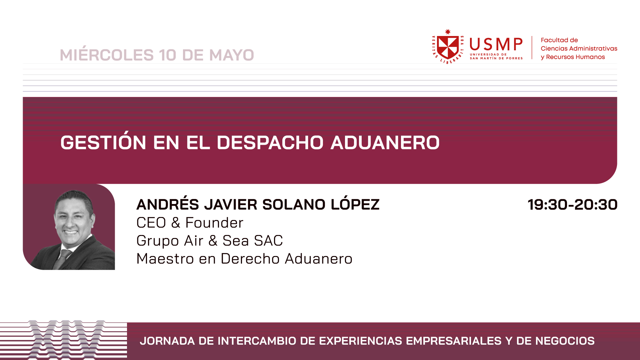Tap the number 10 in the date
tap(167, 55)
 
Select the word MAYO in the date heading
tap(232, 55)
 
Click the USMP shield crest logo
tap(448, 46)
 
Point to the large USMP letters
tap(496, 44)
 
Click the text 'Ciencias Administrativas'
tap(579, 49)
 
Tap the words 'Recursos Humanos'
tap(575, 57)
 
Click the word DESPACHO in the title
tap(270, 143)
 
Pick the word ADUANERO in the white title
tap(385, 143)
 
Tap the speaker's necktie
tap(62, 259)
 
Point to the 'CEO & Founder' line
tap(190, 223)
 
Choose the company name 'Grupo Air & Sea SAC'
tap(210, 241)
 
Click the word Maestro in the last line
tap(165, 259)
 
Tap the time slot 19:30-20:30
tap(572, 204)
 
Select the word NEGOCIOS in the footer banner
tap(565, 341)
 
